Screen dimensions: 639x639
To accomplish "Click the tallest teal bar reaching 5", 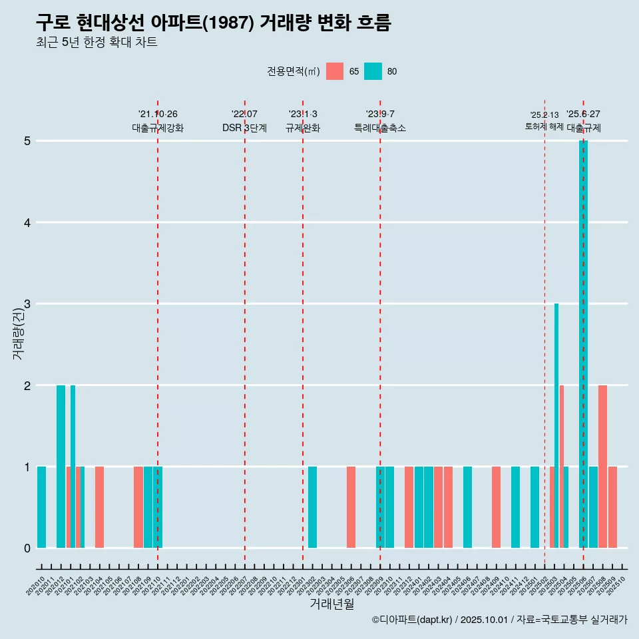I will pos(583,343).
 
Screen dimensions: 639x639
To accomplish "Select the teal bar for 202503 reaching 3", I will pos(556,426).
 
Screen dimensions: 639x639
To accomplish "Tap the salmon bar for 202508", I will pos(602,466).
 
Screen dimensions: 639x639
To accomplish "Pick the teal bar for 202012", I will pos(61,466).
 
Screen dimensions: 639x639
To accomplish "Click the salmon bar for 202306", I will pos(351,507).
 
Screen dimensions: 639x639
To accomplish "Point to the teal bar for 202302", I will pos(312,507).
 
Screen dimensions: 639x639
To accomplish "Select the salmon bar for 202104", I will pos(99,507).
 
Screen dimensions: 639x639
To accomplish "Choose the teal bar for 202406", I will pos(467,507).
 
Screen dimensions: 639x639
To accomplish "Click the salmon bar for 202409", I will pos(496,507).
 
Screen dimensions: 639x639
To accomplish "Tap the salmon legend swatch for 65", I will pos(335,71).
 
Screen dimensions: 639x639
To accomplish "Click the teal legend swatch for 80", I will pos(373,71).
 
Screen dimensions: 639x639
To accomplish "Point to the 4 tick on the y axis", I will pos(27,222).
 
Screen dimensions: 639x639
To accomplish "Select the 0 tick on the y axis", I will pos(27,548).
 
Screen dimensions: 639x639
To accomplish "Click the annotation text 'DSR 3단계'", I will pos(245,128).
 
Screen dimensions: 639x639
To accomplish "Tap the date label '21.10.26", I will pos(158,114).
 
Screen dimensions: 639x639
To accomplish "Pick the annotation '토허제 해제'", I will pos(544,126).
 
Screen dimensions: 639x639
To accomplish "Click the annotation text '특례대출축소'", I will pos(380,128).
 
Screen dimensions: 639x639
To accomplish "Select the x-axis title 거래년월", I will pos(331,604).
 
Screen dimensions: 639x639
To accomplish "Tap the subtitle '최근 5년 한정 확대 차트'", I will pos(97,43).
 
